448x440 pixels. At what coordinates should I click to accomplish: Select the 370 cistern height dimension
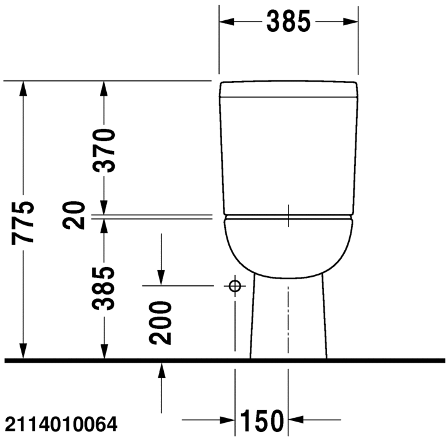tap(105, 151)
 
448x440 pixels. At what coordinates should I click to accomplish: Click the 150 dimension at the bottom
tap(262, 421)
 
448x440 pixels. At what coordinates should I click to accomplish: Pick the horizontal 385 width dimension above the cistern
tap(288, 23)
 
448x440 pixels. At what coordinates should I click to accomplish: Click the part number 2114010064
tap(60, 423)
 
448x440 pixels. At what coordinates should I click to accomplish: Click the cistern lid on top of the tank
tap(288, 90)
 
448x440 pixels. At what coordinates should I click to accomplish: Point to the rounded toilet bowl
tap(288, 245)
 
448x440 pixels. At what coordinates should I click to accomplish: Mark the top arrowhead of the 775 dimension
tap(24, 90)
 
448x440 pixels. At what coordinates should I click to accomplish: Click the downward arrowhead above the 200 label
tap(162, 277)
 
